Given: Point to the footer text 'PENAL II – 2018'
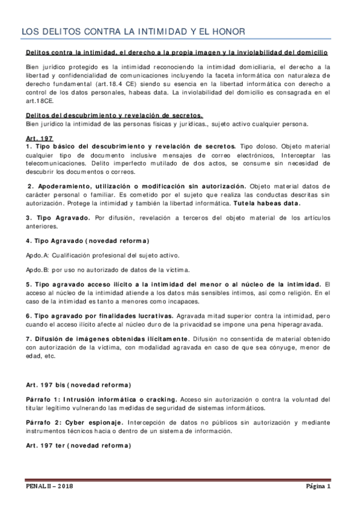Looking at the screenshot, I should [x=49, y=487].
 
